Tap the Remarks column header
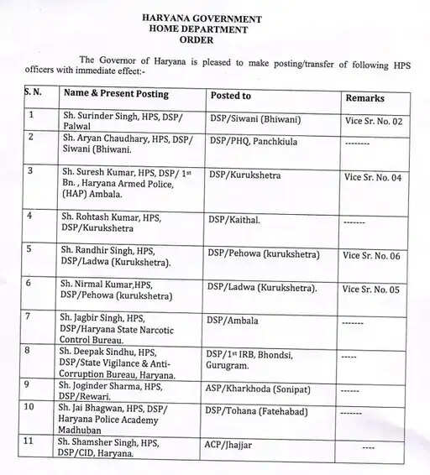(x=364, y=98)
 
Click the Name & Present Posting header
(x=117, y=94)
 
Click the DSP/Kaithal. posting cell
(x=234, y=220)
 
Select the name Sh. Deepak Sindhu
(x=107, y=352)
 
